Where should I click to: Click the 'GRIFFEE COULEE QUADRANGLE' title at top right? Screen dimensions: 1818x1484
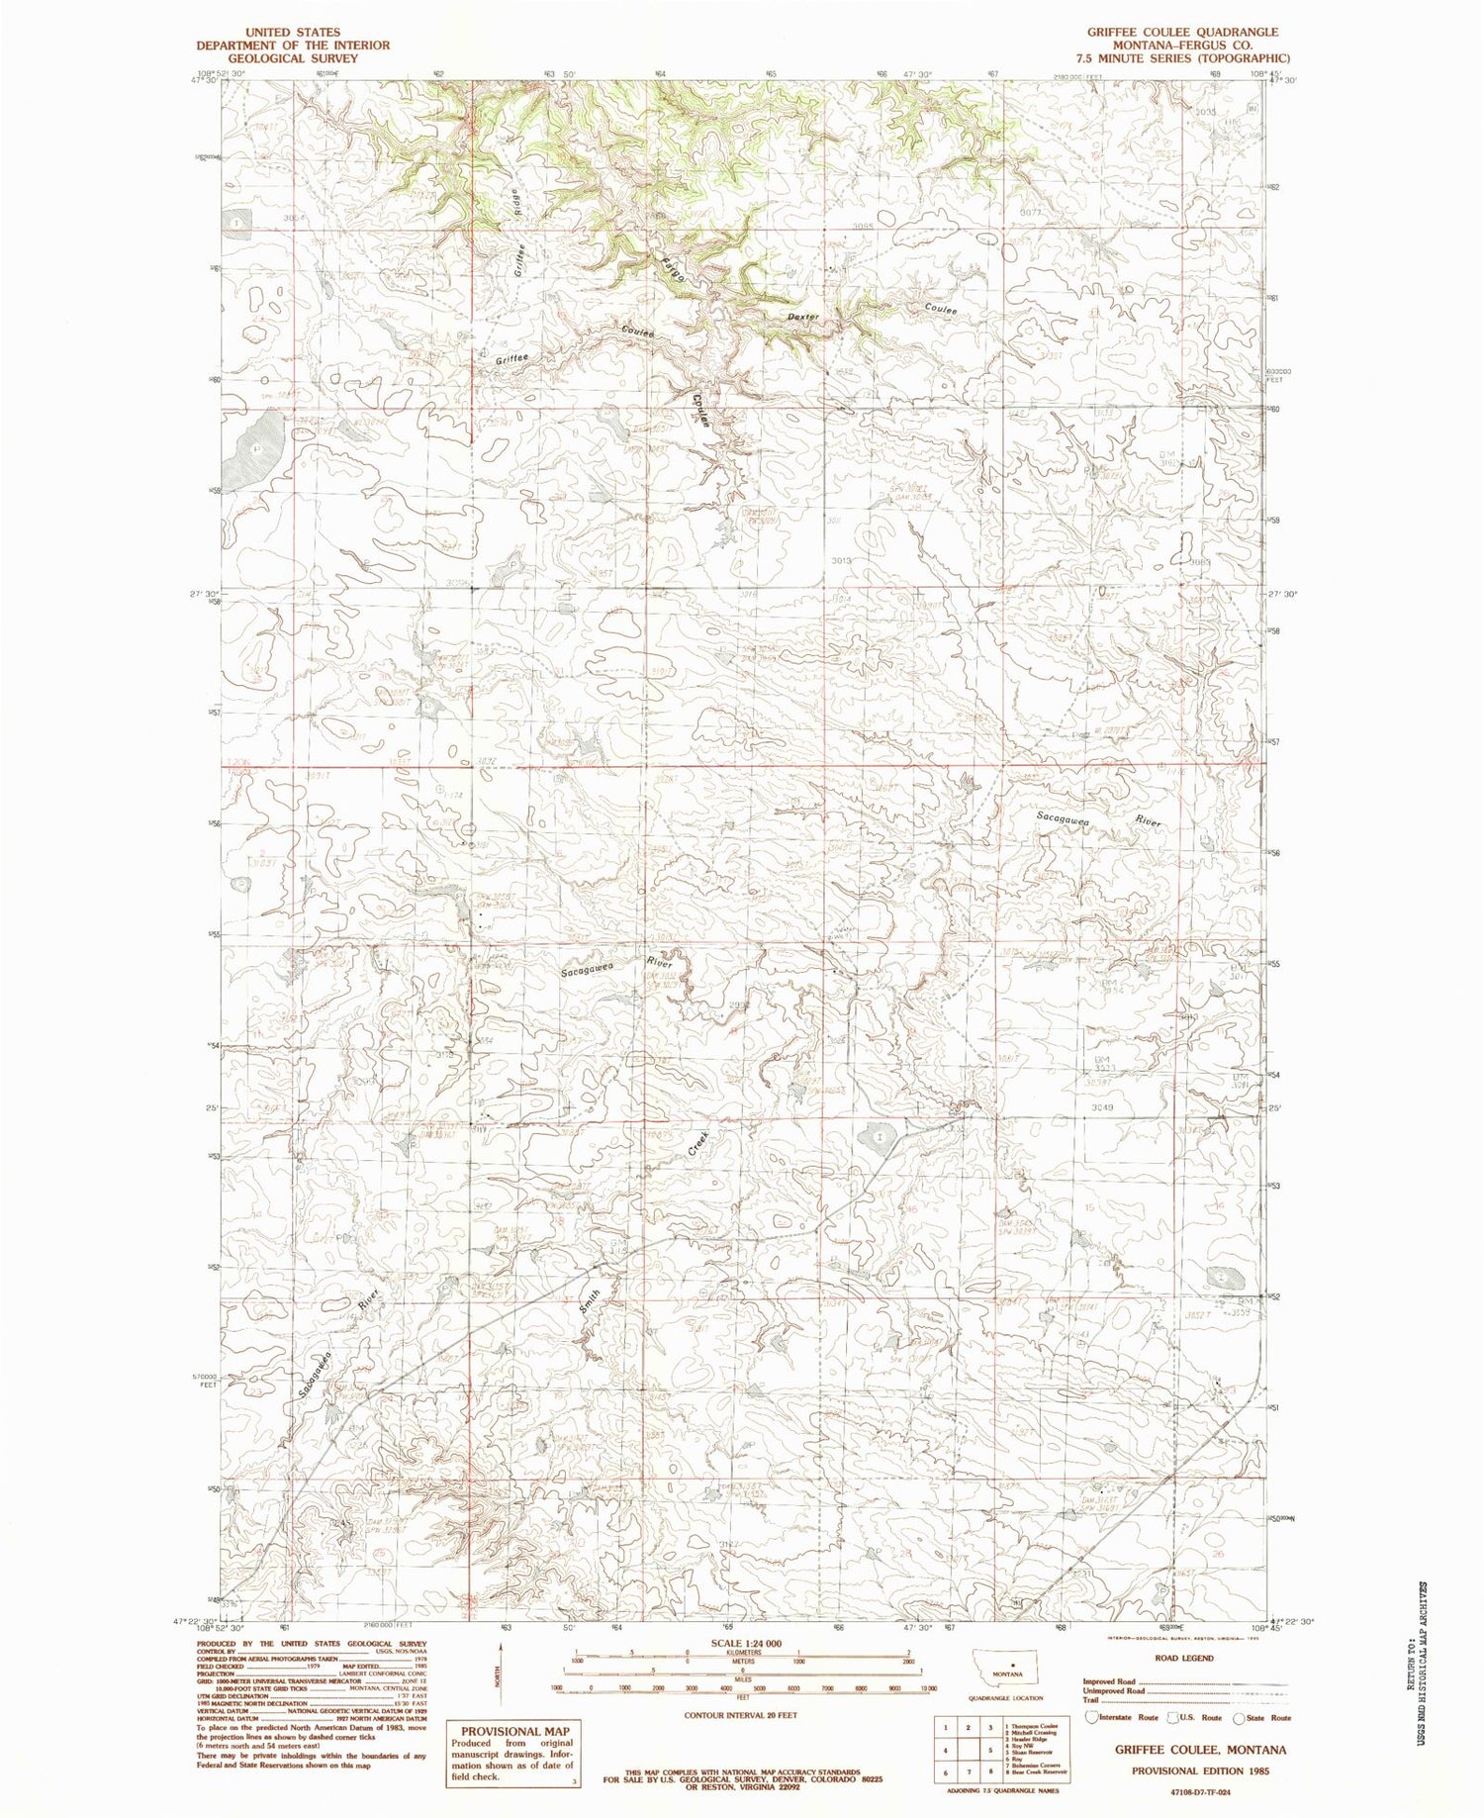(1182, 33)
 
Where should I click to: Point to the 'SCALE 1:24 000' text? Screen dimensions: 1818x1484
(740, 1644)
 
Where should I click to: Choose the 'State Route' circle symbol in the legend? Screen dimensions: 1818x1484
(1237, 1718)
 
